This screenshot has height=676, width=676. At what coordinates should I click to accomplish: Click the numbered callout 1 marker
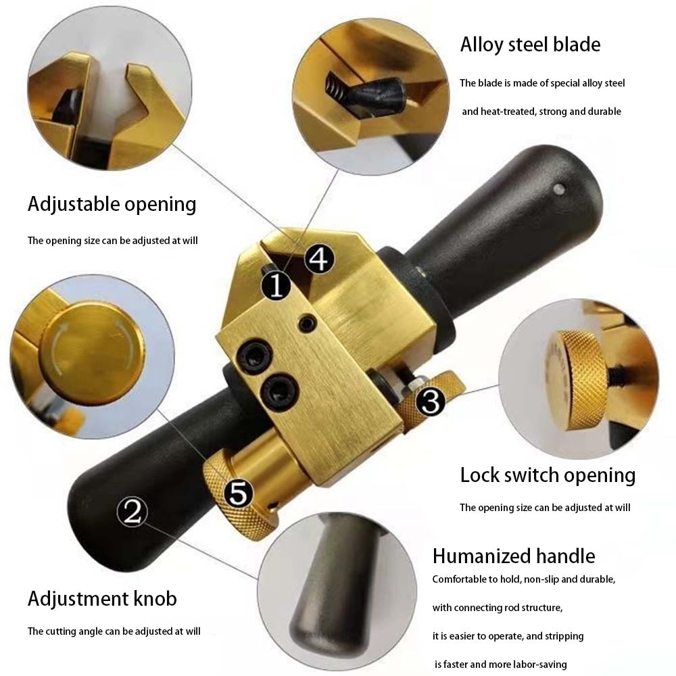(276, 286)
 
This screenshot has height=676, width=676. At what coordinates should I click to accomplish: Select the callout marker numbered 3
(431, 402)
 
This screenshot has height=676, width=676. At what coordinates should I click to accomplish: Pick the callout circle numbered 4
(318, 258)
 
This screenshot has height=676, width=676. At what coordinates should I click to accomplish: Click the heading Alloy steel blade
(530, 45)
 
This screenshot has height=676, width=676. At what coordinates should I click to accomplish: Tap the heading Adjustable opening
(112, 203)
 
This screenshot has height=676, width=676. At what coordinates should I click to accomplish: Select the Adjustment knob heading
(102, 598)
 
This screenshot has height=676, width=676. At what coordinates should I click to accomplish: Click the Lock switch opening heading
(548, 475)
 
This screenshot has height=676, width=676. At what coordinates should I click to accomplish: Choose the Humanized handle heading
(514, 556)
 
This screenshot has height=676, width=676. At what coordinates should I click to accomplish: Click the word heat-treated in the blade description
(510, 112)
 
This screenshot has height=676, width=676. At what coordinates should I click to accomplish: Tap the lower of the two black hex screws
(276, 390)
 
